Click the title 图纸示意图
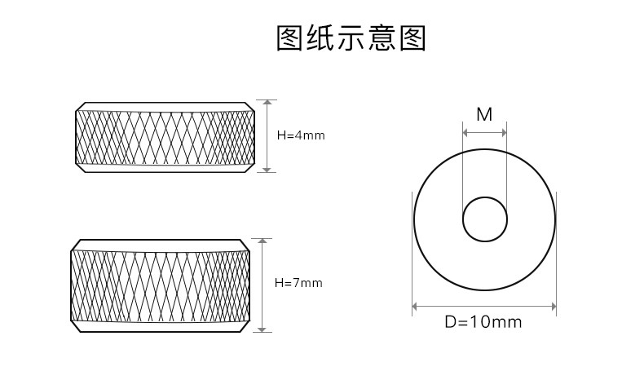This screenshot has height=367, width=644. (x=351, y=38)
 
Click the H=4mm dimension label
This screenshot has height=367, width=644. (x=301, y=135)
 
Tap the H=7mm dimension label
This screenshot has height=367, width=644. (x=298, y=283)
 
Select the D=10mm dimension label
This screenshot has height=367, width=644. (x=483, y=322)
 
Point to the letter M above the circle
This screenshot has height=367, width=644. (x=484, y=114)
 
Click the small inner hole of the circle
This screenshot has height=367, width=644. (x=485, y=219)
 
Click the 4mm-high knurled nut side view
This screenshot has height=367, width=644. (x=165, y=135)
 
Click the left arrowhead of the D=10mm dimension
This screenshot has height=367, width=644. (x=417, y=307)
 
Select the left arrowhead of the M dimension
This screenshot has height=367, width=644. (x=465, y=132)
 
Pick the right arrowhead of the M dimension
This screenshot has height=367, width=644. (x=504, y=132)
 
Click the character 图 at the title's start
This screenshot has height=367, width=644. (x=290, y=38)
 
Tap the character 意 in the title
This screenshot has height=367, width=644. (x=382, y=38)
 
